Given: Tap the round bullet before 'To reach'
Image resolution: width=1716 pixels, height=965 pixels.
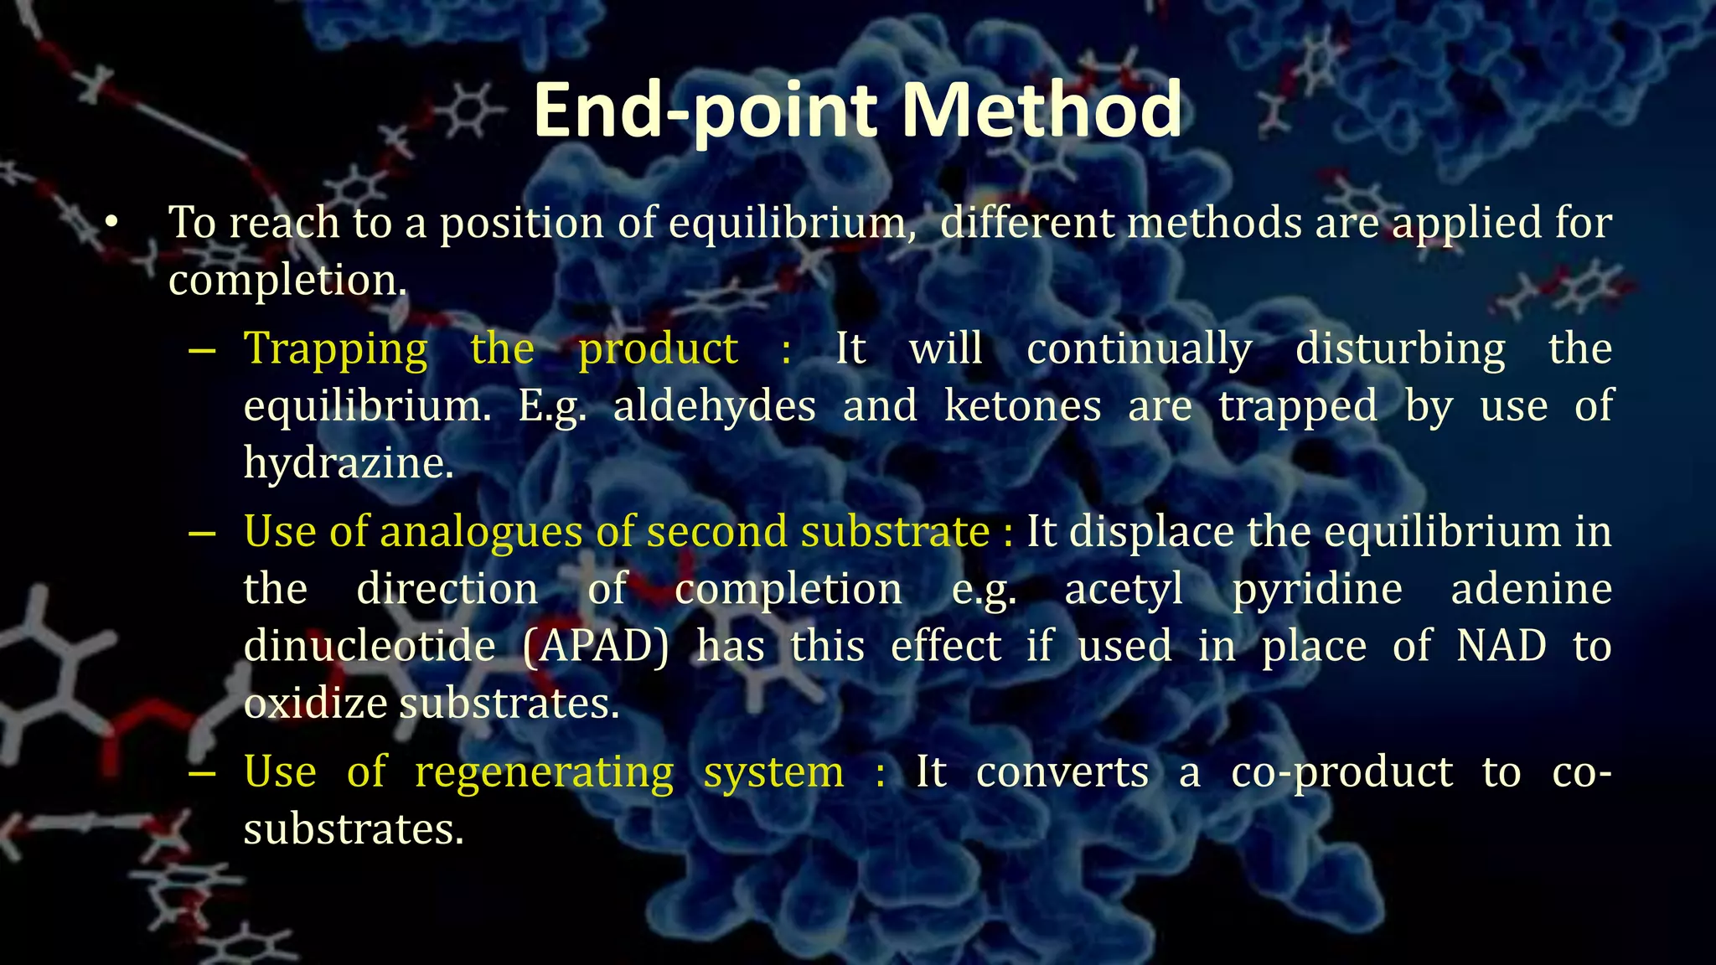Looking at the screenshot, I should [112, 223].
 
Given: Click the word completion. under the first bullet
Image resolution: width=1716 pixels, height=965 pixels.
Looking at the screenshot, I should [287, 281].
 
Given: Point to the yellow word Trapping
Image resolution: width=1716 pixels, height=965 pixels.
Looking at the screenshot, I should [335, 349].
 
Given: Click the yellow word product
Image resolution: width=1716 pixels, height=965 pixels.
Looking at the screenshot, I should [659, 349].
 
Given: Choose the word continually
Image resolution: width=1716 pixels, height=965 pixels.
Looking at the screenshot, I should [1140, 349].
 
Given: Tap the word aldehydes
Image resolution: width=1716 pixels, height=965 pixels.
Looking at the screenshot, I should [715, 406].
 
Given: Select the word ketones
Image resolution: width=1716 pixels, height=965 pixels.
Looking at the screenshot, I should [1022, 406].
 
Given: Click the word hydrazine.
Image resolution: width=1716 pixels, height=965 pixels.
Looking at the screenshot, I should [349, 463].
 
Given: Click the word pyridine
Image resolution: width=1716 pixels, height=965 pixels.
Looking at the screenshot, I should [1317, 589].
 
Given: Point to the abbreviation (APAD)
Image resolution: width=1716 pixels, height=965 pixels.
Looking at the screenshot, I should [596, 647].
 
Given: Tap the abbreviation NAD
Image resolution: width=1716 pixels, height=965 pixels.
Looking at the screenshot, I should [1501, 646].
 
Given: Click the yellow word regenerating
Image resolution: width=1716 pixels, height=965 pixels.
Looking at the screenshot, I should [545, 772].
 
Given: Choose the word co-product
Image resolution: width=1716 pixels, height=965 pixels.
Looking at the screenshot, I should [1341, 772].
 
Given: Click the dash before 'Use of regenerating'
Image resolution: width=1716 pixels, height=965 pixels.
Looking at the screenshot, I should [202, 772].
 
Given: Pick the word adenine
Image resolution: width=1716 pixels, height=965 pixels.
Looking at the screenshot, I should [1532, 589].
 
